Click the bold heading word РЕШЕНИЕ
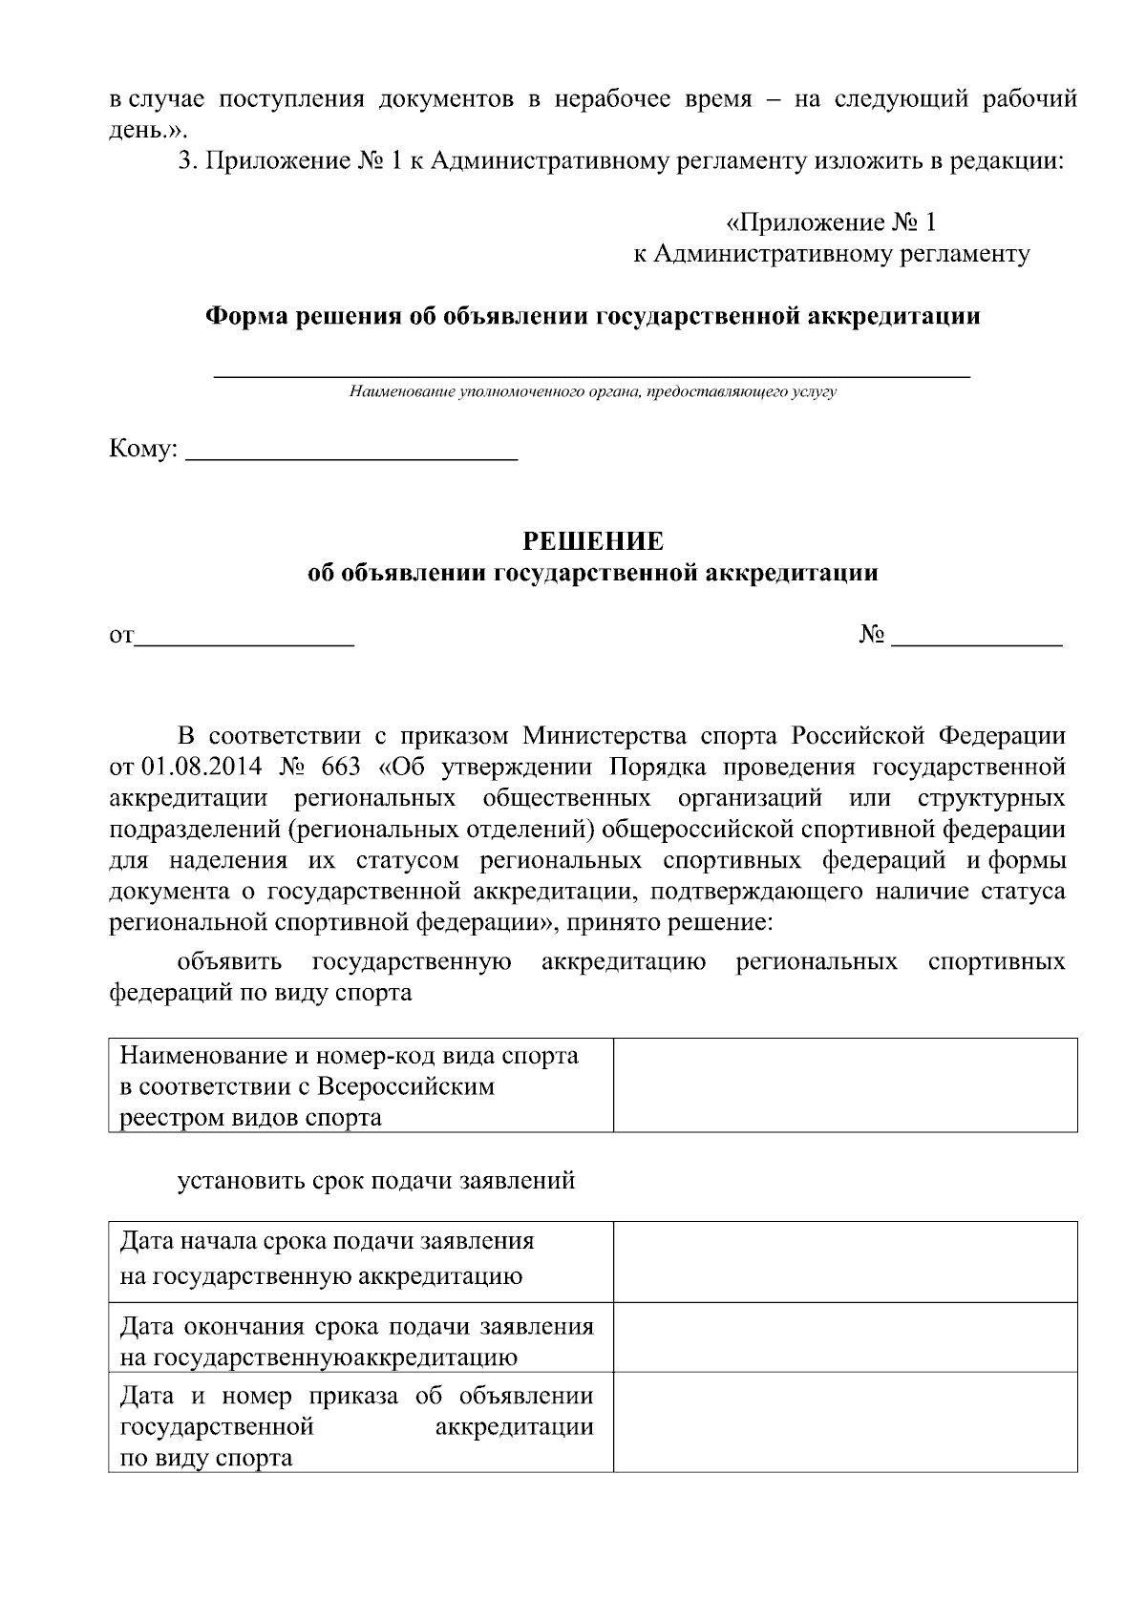pyautogui.click(x=592, y=541)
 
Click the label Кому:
pyautogui.click(x=143, y=449)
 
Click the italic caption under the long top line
pyautogui.click(x=592, y=391)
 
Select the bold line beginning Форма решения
pyautogui.click(x=592, y=316)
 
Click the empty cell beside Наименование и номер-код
pyautogui.click(x=844, y=1085)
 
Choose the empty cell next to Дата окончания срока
pyautogui.click(x=844, y=1341)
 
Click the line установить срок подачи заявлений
pyautogui.click(x=376, y=1181)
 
